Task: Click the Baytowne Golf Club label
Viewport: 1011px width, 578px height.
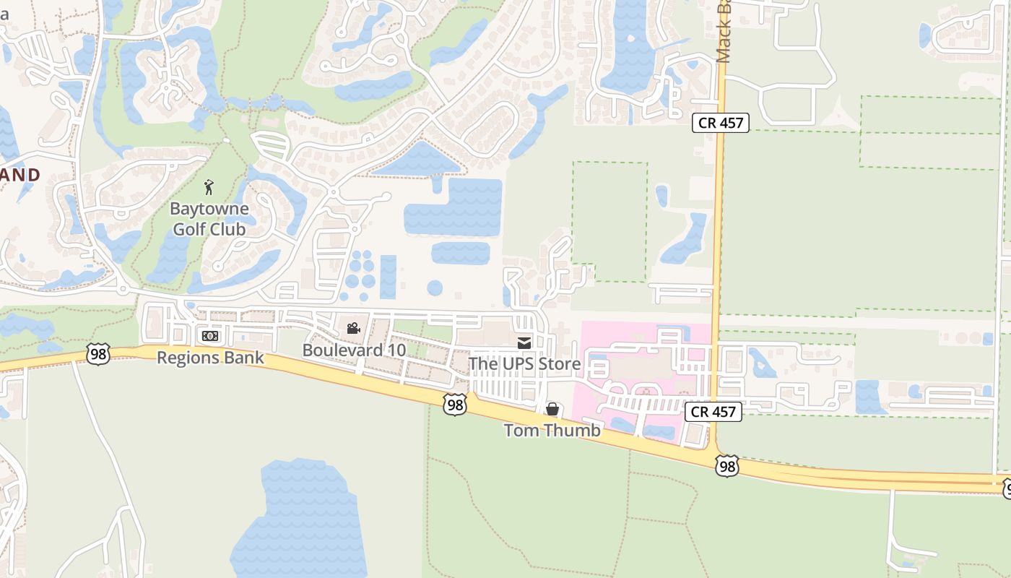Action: (x=209, y=219)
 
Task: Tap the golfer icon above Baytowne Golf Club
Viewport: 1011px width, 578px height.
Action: (x=209, y=188)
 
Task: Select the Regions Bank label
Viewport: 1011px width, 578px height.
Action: (x=210, y=358)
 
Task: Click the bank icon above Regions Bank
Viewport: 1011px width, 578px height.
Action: (x=210, y=336)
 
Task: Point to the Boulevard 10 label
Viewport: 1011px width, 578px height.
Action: (x=354, y=350)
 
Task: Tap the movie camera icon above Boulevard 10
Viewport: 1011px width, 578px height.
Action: (x=353, y=329)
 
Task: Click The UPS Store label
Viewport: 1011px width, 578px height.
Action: (x=524, y=363)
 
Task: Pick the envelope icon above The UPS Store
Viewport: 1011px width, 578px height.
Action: (x=524, y=342)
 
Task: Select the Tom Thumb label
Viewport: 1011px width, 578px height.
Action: (x=552, y=431)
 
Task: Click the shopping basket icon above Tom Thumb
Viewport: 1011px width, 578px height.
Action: (x=552, y=410)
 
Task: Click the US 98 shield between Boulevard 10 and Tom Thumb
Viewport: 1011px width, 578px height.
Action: (x=455, y=405)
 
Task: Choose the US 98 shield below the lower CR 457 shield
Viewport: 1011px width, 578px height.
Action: (x=726, y=466)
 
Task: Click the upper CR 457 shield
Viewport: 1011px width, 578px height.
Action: (x=721, y=123)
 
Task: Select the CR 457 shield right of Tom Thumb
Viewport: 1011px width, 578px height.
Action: (x=713, y=412)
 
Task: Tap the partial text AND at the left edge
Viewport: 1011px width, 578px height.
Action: (x=19, y=175)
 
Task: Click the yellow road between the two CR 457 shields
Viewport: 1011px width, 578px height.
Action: (x=718, y=267)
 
